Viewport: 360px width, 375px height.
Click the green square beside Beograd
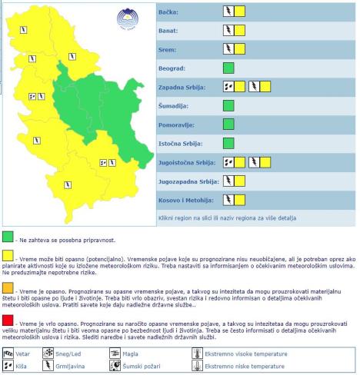point(228,68)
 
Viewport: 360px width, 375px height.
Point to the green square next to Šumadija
point(228,105)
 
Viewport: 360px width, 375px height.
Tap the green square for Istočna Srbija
point(228,143)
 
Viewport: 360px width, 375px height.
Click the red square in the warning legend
point(8,320)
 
